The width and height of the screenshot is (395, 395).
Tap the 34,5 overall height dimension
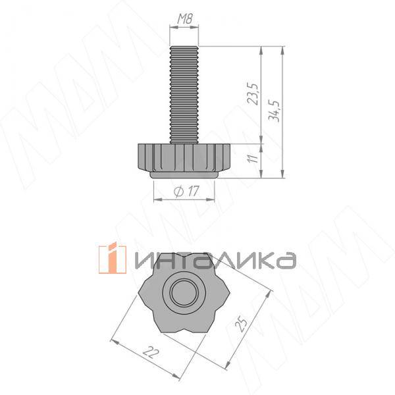pyautogui.click(x=274, y=111)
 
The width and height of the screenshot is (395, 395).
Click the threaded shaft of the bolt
pyautogui.click(x=184, y=92)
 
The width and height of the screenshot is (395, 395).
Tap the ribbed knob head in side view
pyautogui.click(x=184, y=156)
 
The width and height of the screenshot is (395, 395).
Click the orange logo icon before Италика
pyautogui.click(x=113, y=258)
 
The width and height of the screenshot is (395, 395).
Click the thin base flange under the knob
pyautogui.click(x=184, y=174)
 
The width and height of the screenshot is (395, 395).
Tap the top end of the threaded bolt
pyautogui.click(x=184, y=47)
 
